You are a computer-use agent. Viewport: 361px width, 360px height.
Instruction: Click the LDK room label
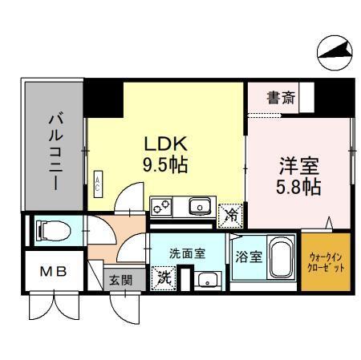(166, 144)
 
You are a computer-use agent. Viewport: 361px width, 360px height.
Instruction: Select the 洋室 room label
(298, 168)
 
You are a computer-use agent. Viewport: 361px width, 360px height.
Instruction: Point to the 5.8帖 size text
(298, 188)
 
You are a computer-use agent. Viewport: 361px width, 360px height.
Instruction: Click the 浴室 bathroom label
(247, 257)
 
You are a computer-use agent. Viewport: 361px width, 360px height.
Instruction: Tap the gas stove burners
(160, 208)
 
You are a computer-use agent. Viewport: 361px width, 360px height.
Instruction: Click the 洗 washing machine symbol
(163, 278)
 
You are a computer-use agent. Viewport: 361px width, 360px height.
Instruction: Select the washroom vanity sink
(209, 280)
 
